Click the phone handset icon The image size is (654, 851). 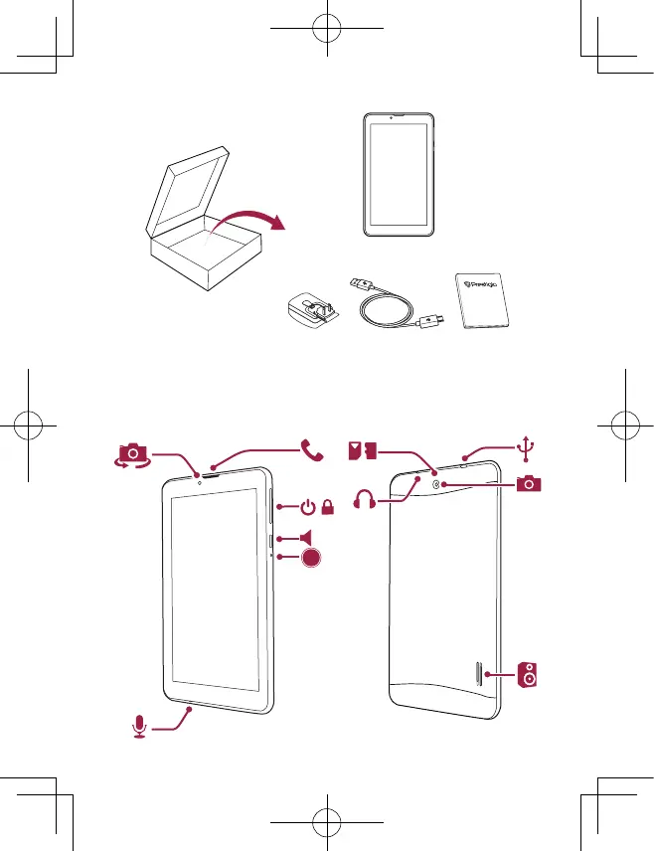[313, 451]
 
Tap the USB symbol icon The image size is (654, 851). [528, 450]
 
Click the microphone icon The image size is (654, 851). [139, 728]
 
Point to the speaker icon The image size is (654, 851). [531, 675]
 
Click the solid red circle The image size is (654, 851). [312, 559]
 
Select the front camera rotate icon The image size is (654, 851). [132, 455]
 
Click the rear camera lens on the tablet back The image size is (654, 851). [438, 484]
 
